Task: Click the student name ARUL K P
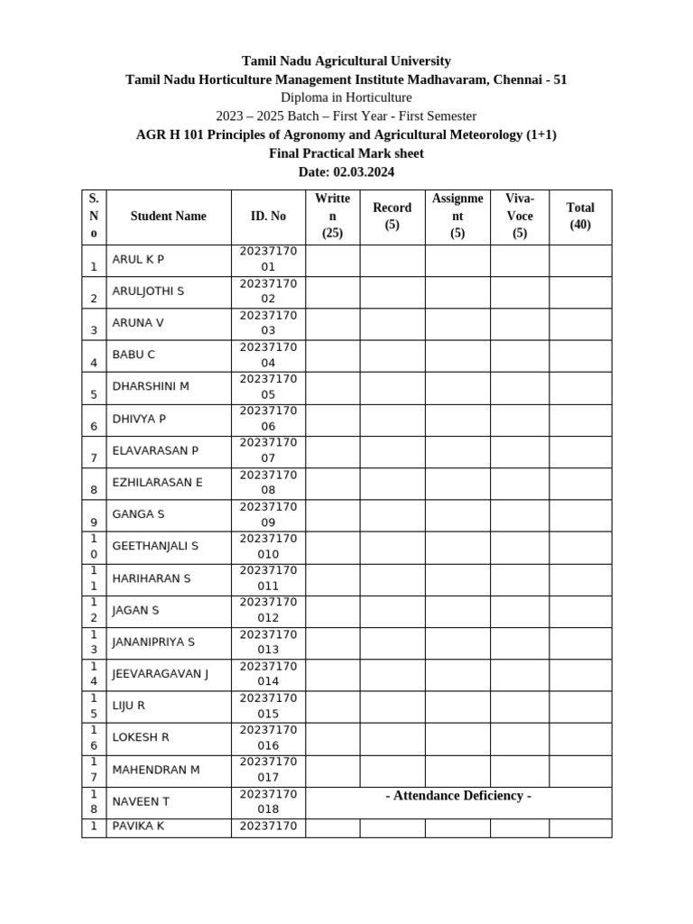(x=138, y=260)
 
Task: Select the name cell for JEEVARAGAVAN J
(x=160, y=674)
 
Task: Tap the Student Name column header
(x=168, y=217)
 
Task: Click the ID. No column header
(x=268, y=217)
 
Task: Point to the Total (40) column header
(x=580, y=217)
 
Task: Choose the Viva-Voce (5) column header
(x=520, y=217)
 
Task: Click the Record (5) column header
(x=392, y=217)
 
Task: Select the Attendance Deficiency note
(x=458, y=796)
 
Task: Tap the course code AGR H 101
(x=173, y=134)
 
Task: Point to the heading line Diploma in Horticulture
(x=346, y=97)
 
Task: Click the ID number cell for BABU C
(x=268, y=356)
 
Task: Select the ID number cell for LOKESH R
(x=268, y=738)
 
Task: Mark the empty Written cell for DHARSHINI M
(x=333, y=388)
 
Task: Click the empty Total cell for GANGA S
(x=580, y=515)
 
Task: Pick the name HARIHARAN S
(x=152, y=578)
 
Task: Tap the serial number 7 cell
(x=94, y=451)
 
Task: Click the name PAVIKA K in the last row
(x=139, y=827)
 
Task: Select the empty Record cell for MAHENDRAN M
(x=392, y=771)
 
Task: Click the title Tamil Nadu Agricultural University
(x=346, y=61)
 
